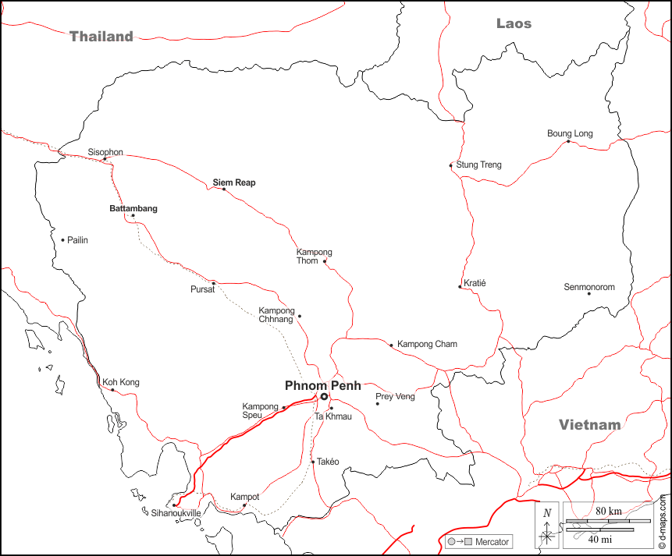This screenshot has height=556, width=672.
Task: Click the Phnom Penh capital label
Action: click(x=322, y=385)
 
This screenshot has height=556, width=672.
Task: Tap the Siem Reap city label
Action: click(x=234, y=182)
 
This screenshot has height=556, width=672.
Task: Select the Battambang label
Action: click(x=133, y=208)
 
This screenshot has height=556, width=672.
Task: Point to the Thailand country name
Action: click(x=101, y=36)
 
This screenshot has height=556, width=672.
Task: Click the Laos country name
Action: click(x=514, y=23)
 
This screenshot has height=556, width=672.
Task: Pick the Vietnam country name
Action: click(x=589, y=425)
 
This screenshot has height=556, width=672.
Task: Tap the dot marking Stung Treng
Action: click(x=451, y=165)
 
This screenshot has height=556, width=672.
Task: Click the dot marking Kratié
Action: click(x=460, y=287)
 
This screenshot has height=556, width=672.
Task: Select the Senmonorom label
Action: click(x=589, y=287)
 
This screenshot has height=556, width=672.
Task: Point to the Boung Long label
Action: click(x=570, y=133)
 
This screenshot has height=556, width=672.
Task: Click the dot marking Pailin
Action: click(x=62, y=240)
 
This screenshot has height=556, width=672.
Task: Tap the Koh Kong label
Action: click(x=120, y=382)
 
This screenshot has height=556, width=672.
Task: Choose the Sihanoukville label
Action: click(x=176, y=513)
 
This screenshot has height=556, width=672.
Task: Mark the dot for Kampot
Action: click(x=244, y=505)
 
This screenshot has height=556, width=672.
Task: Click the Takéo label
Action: click(x=328, y=462)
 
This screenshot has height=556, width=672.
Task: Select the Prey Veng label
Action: click(x=396, y=397)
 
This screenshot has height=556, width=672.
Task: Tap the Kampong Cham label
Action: click(x=427, y=344)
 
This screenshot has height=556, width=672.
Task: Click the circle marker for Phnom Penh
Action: click(x=324, y=397)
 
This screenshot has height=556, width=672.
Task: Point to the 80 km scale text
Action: click(x=609, y=511)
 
